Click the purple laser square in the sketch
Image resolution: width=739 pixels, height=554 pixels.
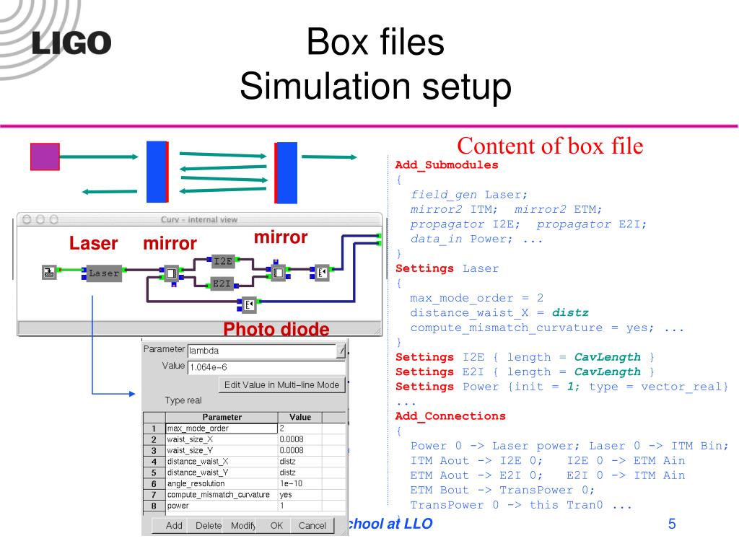click(x=45, y=157)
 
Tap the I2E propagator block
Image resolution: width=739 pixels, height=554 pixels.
click(x=223, y=261)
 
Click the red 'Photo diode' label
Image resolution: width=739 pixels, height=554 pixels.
click(x=276, y=330)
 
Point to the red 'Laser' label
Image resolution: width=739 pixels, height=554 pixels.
click(x=93, y=244)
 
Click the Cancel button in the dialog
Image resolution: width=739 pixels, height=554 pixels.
click(x=312, y=525)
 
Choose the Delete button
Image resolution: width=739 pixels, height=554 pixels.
click(x=209, y=525)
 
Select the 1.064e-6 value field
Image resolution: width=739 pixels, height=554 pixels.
click(x=264, y=366)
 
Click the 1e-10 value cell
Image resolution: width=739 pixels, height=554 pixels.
click(x=299, y=483)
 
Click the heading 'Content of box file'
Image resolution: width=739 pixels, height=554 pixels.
click(x=549, y=146)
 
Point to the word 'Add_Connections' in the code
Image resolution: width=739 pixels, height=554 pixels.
click(x=450, y=416)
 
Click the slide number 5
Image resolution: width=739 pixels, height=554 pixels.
click(x=672, y=524)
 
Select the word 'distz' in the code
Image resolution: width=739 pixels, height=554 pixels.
click(x=570, y=313)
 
